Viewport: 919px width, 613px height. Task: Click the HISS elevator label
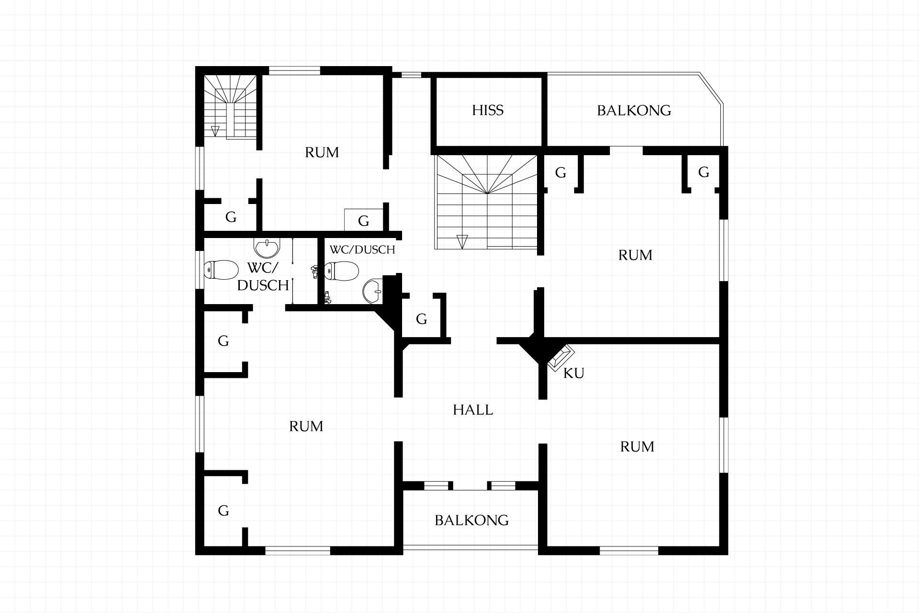coord(488,111)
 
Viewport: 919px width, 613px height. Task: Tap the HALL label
coord(473,410)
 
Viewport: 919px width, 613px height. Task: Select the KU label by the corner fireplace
coord(574,374)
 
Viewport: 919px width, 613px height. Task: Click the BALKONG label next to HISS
coord(634,111)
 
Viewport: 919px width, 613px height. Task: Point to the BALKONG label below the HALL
coord(472,520)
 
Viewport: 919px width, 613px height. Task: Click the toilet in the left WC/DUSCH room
coord(222,270)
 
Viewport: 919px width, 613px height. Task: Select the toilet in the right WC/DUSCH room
coord(341,271)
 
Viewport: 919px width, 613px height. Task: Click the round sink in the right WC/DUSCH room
coord(373,291)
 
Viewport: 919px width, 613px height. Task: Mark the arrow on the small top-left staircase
coord(215,131)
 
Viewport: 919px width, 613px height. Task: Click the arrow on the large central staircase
coord(462,241)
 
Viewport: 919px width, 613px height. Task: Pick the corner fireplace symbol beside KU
coord(560,358)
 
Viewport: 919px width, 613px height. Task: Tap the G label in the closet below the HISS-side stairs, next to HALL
coord(421,319)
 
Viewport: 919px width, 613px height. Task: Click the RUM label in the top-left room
coord(322,152)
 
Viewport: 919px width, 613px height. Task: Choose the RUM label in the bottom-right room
coord(637,447)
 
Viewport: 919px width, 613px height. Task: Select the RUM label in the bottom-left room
coord(306,426)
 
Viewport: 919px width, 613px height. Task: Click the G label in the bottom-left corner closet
coord(224,511)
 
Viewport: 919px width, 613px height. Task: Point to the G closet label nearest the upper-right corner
coord(704,172)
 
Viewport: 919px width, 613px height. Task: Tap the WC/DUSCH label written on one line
coord(362,250)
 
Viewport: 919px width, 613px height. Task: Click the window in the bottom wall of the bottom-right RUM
coord(629,551)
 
